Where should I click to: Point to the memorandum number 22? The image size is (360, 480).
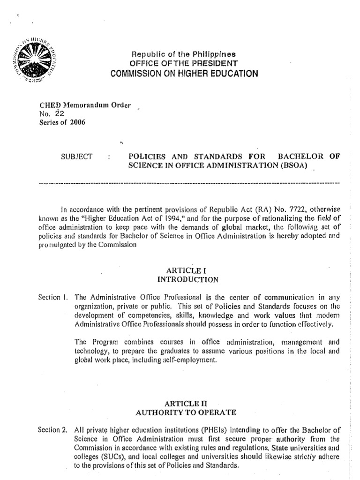coord(59,113)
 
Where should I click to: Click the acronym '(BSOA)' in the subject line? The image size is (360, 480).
coord(296,165)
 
